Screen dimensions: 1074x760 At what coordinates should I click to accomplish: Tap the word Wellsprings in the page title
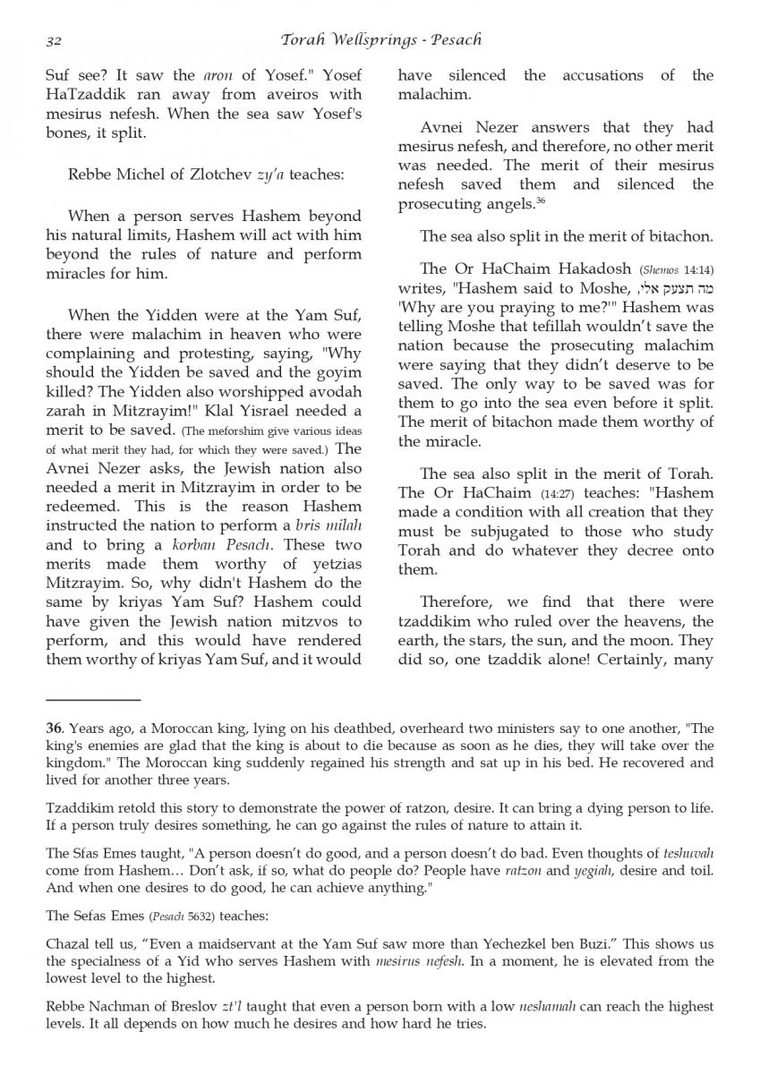[x=366, y=40]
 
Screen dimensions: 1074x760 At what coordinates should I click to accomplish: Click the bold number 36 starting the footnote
[x=54, y=728]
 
